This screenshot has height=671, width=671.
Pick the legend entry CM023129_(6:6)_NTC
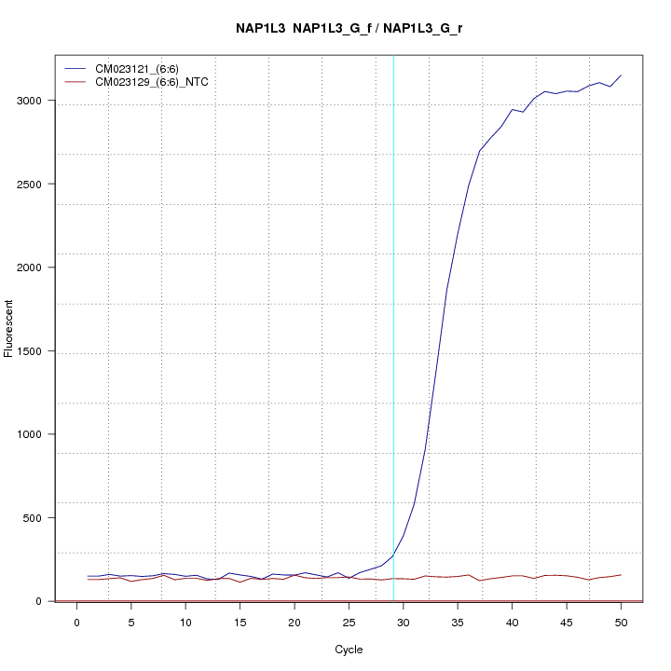point(158,82)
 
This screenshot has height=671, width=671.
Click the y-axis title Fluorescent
point(9,328)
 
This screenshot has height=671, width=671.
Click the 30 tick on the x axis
point(403,622)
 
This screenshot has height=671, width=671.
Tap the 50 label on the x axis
point(621,622)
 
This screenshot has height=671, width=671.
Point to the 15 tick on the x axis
point(240,622)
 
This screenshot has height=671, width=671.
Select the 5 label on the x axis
point(131,622)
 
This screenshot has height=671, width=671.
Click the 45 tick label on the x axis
point(567,622)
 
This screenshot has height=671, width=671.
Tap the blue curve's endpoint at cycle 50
point(621,75)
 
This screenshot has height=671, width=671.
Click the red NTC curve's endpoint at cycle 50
point(621,575)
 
